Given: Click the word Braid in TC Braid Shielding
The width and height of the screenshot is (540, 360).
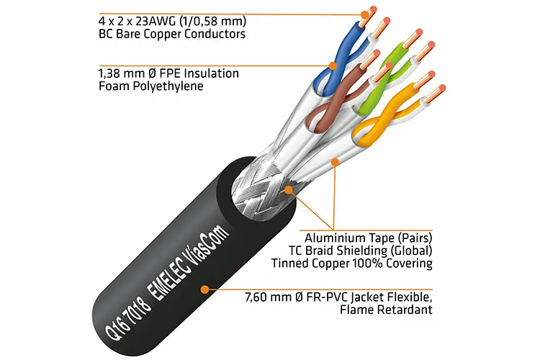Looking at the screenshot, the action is click(317, 251).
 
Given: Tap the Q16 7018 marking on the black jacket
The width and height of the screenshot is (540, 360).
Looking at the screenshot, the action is click(127, 316).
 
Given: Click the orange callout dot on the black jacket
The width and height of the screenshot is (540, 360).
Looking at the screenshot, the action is click(205, 289).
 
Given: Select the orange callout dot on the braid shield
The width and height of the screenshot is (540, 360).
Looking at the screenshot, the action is click(288, 189).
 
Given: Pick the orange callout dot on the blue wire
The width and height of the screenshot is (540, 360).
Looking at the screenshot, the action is click(333, 66).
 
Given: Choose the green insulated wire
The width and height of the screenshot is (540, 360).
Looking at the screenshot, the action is click(381, 79).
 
